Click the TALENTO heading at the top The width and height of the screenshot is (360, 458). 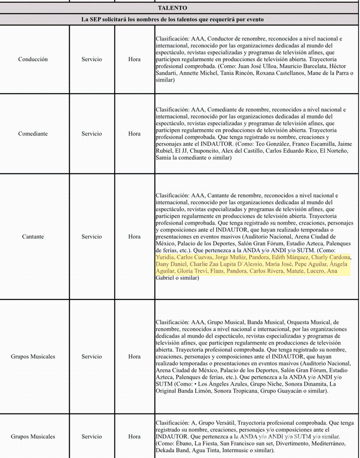(172, 8)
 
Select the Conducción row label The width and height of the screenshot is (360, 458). (33, 60)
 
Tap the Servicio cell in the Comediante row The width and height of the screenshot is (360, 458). (91, 133)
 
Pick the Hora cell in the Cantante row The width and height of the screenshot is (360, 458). (134, 237)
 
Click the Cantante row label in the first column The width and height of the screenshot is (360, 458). (33, 237)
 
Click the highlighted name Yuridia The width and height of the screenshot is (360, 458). (165, 257)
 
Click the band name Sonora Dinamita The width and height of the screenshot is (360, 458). (302, 384)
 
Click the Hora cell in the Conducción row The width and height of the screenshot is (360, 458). (134, 60)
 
